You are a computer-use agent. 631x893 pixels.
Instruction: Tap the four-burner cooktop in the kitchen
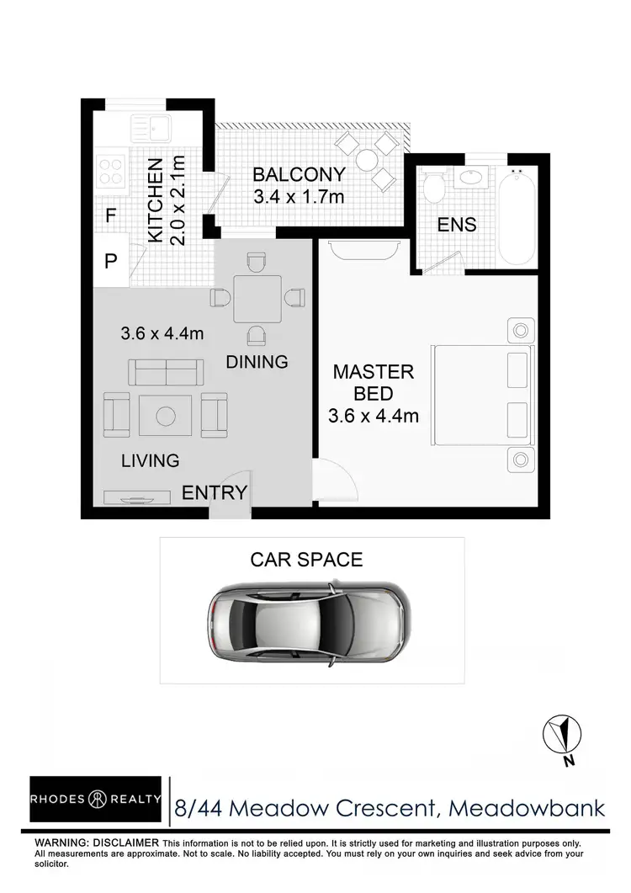[111, 171]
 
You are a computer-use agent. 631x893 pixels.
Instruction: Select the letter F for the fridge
[110, 216]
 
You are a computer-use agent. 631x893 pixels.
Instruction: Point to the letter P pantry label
[110, 261]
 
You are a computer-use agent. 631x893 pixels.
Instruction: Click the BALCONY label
[300, 175]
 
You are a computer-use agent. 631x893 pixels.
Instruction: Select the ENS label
[457, 225]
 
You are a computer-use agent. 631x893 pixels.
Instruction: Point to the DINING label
[257, 362]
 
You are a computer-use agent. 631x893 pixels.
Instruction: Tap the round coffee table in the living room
[165, 415]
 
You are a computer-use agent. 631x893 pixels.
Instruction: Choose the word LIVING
[150, 460]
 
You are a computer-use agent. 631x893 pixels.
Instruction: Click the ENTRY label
[215, 493]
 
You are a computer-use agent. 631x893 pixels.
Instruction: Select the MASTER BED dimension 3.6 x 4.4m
[374, 415]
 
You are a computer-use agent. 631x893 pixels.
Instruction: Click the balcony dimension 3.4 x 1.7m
[300, 199]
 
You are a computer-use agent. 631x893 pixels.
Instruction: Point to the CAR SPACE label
[306, 560]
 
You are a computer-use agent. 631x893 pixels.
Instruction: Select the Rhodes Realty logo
[96, 800]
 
